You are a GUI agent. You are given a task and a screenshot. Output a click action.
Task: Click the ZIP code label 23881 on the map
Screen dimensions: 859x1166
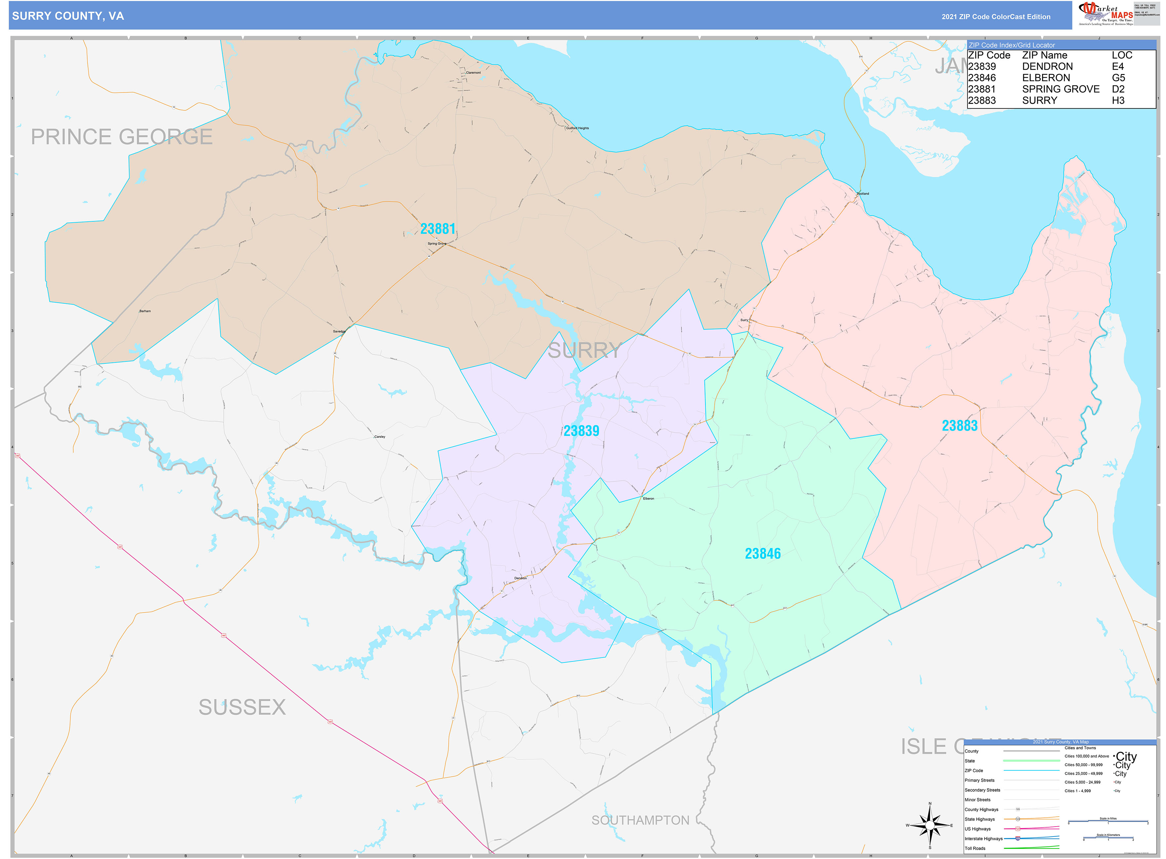click(437, 229)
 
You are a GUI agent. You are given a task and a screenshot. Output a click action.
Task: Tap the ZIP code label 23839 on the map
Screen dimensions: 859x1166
click(581, 431)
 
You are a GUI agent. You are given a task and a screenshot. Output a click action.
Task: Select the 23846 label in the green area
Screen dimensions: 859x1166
click(763, 554)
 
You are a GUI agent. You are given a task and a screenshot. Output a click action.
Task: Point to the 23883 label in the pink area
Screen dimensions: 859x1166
click(959, 426)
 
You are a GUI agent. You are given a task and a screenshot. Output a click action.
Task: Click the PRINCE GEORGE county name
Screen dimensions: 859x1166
click(122, 137)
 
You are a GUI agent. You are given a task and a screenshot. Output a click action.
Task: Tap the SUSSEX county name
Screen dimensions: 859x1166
click(242, 707)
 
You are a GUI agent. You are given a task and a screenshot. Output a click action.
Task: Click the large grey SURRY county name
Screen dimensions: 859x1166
click(584, 351)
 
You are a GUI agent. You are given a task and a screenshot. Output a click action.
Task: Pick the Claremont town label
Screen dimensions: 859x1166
click(473, 73)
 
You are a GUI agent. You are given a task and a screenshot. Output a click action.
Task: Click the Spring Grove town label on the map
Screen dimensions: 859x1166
click(437, 243)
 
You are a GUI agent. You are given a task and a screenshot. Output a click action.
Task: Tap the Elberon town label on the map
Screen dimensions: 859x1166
click(649, 499)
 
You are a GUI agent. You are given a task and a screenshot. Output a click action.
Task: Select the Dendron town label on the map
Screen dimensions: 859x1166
click(520, 578)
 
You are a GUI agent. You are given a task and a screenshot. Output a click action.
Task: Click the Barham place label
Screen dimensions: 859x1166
click(145, 311)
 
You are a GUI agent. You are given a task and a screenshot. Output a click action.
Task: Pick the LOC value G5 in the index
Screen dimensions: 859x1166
click(1118, 78)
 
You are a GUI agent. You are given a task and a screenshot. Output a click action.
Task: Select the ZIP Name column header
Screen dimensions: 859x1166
click(1044, 55)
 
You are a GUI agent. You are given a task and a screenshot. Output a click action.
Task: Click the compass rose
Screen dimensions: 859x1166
click(930, 825)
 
